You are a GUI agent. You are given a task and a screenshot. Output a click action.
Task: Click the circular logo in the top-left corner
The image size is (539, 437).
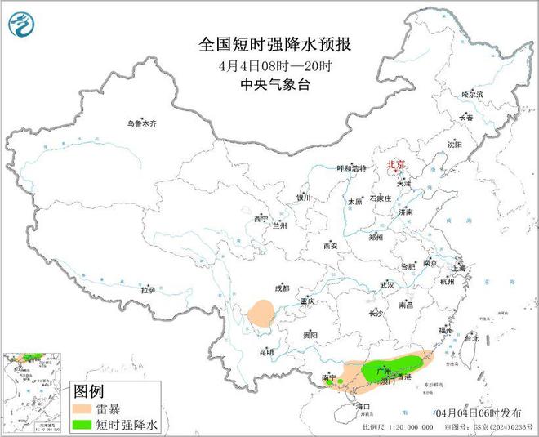19,25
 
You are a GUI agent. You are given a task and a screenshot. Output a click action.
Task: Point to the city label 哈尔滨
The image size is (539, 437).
473,95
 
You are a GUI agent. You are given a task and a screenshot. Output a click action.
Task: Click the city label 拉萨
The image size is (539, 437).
147,289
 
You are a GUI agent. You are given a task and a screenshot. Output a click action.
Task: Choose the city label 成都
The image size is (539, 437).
282,288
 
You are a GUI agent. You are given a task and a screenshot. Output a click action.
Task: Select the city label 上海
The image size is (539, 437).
457,267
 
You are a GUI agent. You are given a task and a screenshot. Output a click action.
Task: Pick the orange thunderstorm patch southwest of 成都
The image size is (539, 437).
263,314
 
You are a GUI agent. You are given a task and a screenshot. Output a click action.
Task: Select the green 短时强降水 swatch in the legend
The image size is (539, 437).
86,425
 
